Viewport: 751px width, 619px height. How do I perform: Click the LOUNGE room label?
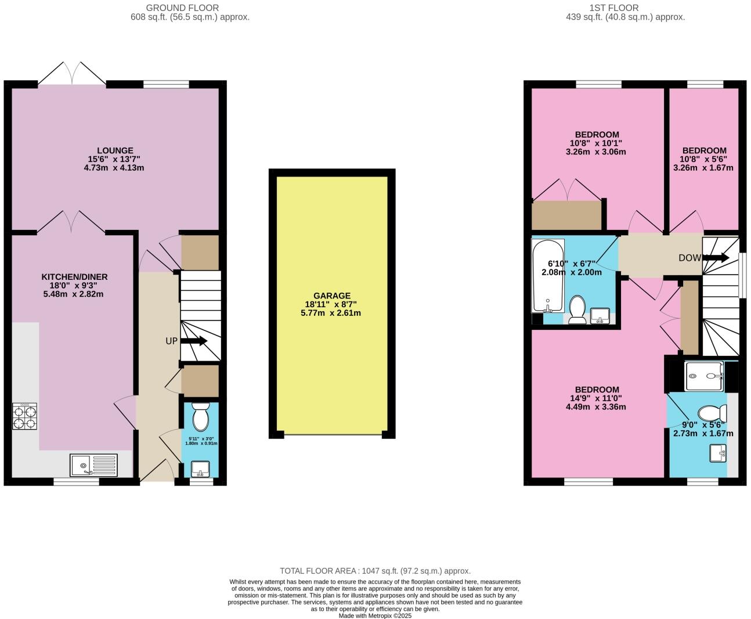tap(114, 150)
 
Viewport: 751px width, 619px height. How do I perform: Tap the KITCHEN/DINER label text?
tap(74, 276)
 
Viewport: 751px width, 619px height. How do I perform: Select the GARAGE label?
tap(332, 296)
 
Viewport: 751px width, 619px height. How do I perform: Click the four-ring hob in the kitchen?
tap(24, 416)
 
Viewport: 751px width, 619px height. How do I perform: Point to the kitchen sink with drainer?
tap(93, 465)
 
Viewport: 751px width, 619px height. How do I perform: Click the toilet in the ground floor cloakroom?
tap(200, 416)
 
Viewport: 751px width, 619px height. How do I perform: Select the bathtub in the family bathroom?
tap(547, 276)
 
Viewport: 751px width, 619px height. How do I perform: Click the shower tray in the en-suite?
tap(704, 376)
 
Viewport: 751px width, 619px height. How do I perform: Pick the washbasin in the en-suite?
tap(718, 453)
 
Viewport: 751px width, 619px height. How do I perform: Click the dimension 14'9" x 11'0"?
tap(597, 398)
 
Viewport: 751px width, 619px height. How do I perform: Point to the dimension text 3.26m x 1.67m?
tap(703, 168)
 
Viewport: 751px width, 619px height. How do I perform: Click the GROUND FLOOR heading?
tap(182, 8)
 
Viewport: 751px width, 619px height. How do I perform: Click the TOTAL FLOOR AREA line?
tap(375, 571)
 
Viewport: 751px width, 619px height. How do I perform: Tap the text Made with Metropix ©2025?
tap(375, 616)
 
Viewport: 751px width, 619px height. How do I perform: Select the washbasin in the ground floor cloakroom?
tap(201, 468)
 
